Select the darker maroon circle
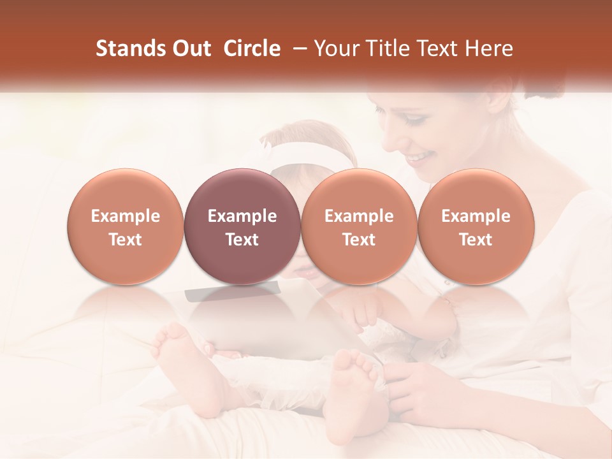242,226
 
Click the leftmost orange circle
126,226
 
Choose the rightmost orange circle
476,226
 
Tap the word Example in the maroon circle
242,216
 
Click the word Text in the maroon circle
242,240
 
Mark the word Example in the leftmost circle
126,216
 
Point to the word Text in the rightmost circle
476,240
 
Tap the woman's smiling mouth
420,157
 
